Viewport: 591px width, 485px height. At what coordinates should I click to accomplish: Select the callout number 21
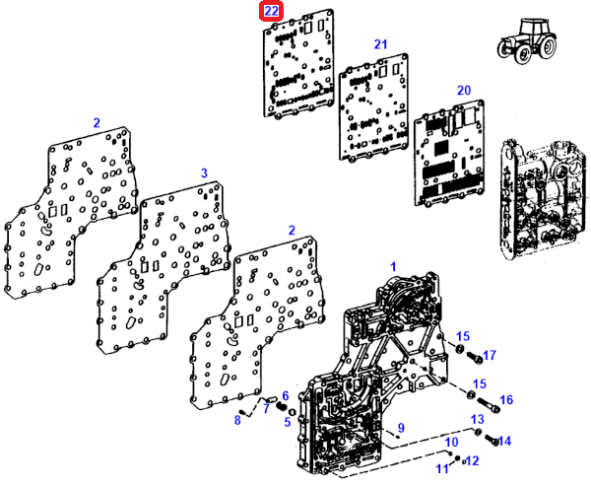pyautogui.click(x=380, y=44)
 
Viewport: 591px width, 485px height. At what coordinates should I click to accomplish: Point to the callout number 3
pyautogui.click(x=205, y=173)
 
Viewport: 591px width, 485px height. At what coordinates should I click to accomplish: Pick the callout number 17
pyautogui.click(x=490, y=355)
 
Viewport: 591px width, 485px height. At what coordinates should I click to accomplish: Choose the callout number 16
pyautogui.click(x=507, y=399)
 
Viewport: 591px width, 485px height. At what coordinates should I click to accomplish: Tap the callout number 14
pyautogui.click(x=505, y=441)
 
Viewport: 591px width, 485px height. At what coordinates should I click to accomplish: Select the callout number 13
pyautogui.click(x=478, y=420)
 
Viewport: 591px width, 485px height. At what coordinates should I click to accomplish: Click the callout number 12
pyautogui.click(x=472, y=460)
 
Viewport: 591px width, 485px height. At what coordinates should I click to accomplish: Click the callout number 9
pyautogui.click(x=401, y=427)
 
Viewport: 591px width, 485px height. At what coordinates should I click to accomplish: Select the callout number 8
pyautogui.click(x=237, y=421)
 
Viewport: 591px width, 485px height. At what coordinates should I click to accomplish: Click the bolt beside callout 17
pyautogui.click(x=472, y=355)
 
